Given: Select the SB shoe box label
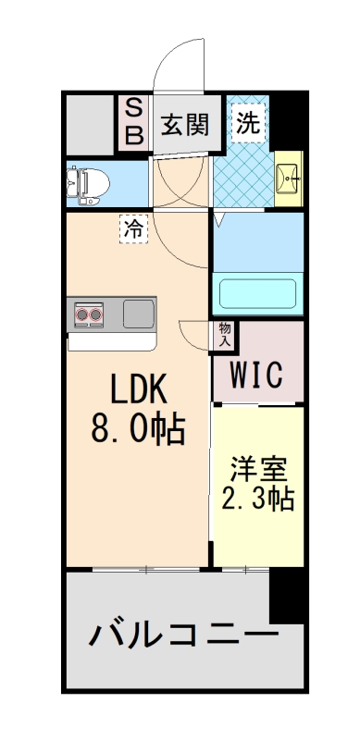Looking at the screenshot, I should pos(134,123).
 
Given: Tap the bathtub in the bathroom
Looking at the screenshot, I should pos(258,294).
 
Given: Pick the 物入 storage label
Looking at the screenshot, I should pos(225,334).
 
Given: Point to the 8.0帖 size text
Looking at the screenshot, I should pos(138,429).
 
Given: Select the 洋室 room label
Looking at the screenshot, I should pos(257,466).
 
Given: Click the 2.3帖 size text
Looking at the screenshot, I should pos(257,499).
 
